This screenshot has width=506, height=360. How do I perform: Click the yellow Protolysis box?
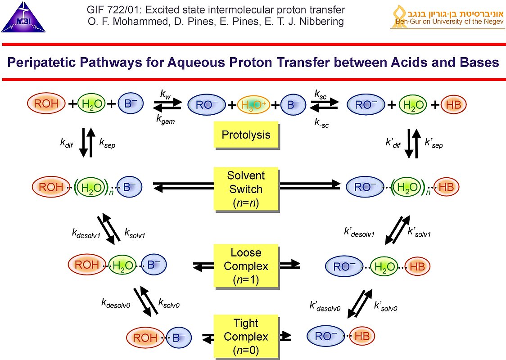(246, 135)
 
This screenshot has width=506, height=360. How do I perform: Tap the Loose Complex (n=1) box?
(246, 266)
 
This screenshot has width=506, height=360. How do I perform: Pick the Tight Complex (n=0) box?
(246, 336)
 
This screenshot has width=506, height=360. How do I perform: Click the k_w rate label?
(166, 94)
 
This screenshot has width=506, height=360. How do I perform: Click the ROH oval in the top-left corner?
(47, 104)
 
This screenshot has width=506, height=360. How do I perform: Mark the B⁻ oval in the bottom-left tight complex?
(179, 337)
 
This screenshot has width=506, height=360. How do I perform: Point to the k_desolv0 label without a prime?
(116, 303)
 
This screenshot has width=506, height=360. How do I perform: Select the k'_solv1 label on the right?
(419, 233)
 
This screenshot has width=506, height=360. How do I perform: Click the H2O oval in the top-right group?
(412, 105)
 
